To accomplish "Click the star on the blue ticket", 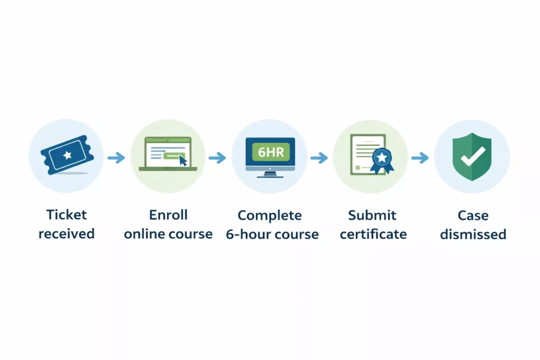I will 66,155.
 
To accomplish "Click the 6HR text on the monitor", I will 270,151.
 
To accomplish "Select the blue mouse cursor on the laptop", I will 183,160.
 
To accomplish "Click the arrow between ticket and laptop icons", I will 116,157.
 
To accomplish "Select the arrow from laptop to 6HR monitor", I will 217,157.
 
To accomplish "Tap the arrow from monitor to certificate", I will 319,157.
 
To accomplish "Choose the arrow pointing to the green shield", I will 420,157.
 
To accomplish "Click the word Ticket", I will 66,215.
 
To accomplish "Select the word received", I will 66,233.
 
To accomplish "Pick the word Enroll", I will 168,215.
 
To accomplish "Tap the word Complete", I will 269,215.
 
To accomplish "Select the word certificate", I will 373,233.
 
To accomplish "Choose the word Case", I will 473,215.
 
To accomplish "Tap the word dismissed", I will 473,233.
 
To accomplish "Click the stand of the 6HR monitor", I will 270,173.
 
